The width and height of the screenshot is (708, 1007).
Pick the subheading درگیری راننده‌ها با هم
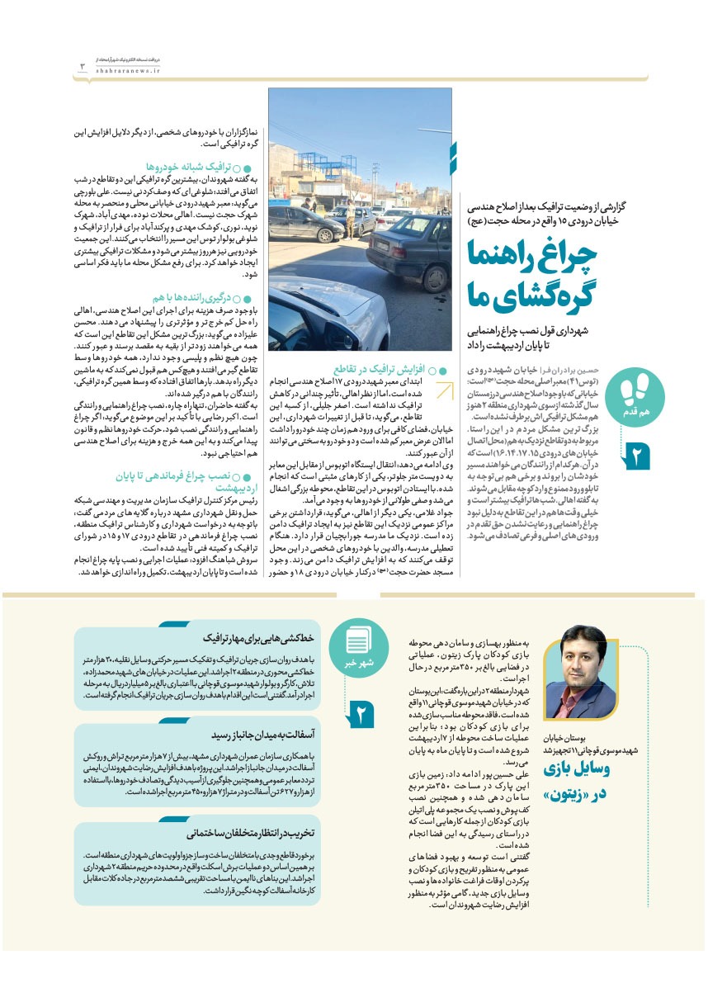tap(192, 296)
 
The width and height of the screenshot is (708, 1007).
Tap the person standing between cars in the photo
tap(350, 220)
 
